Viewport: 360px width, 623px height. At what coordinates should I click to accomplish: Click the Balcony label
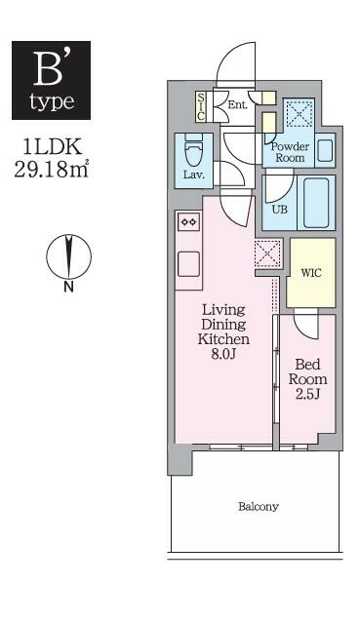258,507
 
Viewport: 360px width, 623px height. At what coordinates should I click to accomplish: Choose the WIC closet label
311,272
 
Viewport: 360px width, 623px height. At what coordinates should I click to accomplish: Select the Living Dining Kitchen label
224,331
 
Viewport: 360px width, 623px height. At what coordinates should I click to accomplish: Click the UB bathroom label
279,209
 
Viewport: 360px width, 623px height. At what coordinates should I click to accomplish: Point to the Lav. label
191,175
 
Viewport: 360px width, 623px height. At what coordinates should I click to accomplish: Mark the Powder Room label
289,151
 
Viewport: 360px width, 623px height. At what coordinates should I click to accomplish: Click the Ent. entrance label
237,104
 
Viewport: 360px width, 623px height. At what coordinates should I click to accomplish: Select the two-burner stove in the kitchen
186,222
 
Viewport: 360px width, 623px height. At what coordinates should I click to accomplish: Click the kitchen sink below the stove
186,263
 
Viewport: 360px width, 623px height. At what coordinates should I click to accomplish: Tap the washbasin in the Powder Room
325,151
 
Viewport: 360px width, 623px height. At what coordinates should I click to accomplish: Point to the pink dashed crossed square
266,253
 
